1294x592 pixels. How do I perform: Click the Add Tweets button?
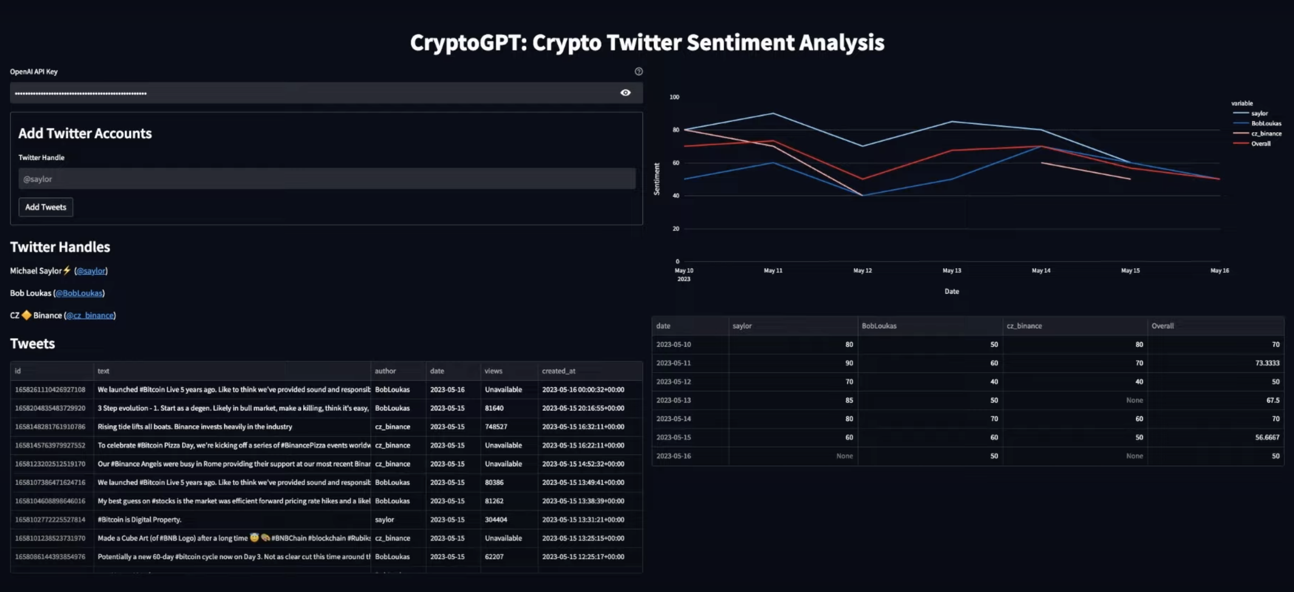point(46,207)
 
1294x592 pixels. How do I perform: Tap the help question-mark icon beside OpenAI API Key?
point(639,71)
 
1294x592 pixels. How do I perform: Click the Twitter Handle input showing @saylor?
point(327,179)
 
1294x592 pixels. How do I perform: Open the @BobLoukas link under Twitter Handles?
point(79,293)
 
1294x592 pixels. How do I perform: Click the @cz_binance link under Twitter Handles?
point(90,315)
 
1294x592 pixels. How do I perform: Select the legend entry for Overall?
point(1260,144)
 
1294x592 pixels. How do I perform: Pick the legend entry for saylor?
point(1259,114)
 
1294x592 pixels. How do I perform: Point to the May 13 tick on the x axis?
point(951,271)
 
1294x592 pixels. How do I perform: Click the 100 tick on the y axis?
point(674,97)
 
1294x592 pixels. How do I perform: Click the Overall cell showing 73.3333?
point(1267,363)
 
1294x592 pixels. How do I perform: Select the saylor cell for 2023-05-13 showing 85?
point(849,400)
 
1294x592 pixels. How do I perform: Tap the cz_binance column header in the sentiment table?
point(1024,326)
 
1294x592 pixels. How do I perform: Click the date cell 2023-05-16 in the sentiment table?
point(673,456)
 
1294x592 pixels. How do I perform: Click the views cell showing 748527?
point(496,427)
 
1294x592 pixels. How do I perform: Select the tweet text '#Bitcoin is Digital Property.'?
point(140,520)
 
